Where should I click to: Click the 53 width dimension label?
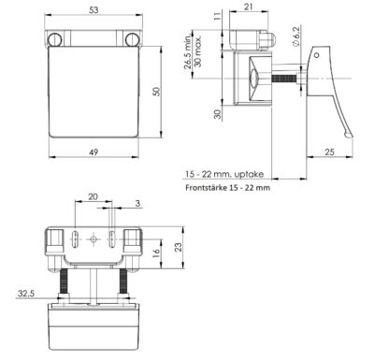point(94,10)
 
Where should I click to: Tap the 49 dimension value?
point(94,152)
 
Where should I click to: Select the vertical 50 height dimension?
point(157,92)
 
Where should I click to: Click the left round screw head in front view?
point(55,39)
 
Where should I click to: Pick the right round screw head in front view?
point(132,39)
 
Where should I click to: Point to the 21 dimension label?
point(249,7)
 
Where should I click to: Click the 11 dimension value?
point(218,16)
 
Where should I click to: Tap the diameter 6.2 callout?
point(295,36)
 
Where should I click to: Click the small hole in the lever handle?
point(317,55)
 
